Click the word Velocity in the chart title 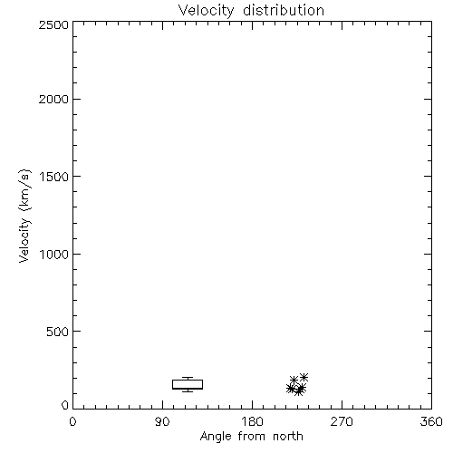206,11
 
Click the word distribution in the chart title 284,10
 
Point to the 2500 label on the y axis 53,24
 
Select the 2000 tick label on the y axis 53,99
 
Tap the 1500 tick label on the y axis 54,177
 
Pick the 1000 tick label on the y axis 54,254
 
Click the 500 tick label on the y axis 58,332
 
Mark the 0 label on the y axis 65,405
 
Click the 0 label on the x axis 72,421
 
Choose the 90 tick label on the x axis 162,421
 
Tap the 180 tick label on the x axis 252,421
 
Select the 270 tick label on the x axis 342,421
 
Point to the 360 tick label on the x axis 431,421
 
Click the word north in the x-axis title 288,436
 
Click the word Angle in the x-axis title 216,438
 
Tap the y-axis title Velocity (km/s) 24,216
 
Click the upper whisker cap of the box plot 188,378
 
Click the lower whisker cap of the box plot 188,391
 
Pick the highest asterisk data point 304,377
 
